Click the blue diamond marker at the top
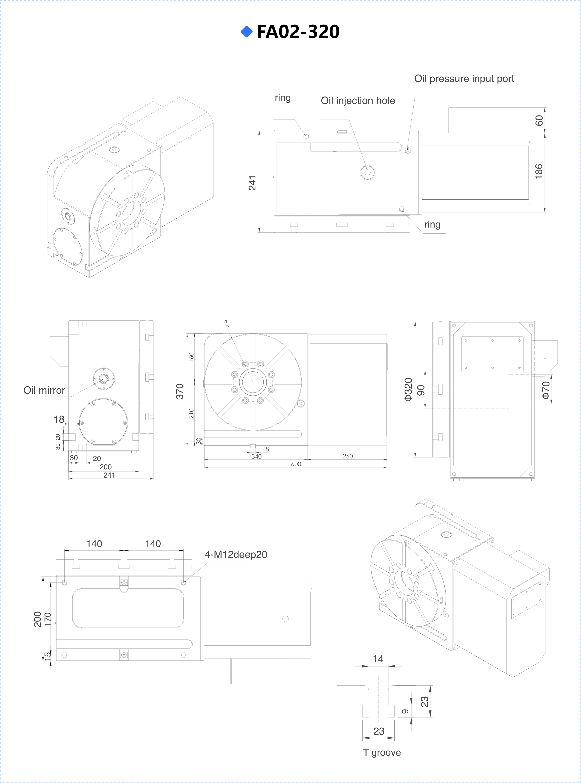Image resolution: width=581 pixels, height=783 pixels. click(247, 32)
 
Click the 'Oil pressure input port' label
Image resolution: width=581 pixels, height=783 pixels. click(464, 79)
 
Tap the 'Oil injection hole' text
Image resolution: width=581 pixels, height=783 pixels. click(358, 101)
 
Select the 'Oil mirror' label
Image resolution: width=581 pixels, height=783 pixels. click(44, 390)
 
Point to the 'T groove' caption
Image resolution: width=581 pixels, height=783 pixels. click(382, 753)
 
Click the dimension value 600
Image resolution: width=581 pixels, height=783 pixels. click(296, 464)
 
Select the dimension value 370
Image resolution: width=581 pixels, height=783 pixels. click(179, 391)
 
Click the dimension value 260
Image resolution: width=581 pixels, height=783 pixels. click(348, 456)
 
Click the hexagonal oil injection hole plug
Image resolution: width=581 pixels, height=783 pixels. click(367, 172)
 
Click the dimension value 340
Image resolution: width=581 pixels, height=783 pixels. click(256, 456)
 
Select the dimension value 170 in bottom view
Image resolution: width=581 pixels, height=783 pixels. click(47, 619)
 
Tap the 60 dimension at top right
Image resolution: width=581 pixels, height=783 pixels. click(539, 121)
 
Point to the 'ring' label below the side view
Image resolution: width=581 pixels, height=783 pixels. click(432, 224)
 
